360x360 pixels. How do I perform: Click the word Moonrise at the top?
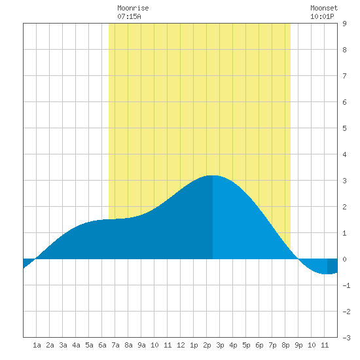pos(133,8)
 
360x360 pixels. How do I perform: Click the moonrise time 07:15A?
pos(129,16)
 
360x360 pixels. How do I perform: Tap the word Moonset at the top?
pos(324,8)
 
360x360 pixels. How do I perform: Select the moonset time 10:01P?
pos(322,16)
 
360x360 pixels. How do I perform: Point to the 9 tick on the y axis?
pos(344,24)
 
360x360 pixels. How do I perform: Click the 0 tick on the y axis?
pos(344,259)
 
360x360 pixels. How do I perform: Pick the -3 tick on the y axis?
pos(346,338)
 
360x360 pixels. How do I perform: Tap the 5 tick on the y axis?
pos(344,128)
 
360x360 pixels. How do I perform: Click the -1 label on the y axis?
pos(346,285)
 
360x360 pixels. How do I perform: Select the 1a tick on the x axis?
pos(37,345)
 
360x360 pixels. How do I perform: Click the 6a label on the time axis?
pos(102,345)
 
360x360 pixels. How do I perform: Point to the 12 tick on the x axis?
pos(181,345)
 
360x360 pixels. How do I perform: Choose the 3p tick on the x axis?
pos(220,345)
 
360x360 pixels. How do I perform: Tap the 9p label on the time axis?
pos(298,345)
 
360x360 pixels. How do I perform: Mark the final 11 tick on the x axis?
pos(325,345)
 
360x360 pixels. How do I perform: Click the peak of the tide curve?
pos(213,175)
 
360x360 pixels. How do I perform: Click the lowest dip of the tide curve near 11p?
pos(327,274)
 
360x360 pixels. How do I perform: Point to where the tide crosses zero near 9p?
pos(298,259)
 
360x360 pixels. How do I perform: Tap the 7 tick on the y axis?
pos(344,76)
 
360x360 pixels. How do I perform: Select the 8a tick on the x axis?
pos(128,345)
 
